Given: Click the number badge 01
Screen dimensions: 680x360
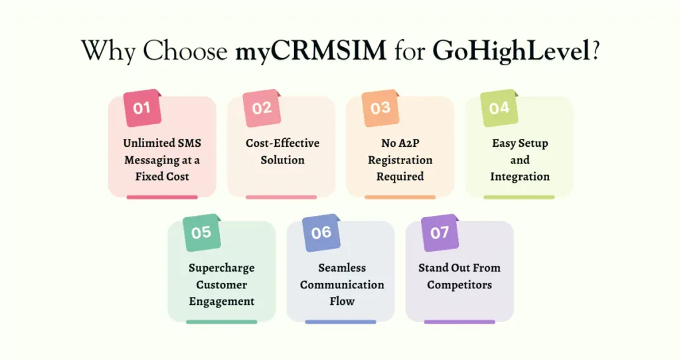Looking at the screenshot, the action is pyautogui.click(x=142, y=108).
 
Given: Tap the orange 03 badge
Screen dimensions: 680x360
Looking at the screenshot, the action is pyautogui.click(x=381, y=108).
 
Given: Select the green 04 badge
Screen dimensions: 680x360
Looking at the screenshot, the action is pyautogui.click(x=499, y=108).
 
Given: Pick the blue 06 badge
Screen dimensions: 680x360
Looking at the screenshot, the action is pyautogui.click(x=321, y=233).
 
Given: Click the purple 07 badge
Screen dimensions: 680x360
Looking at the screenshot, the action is pyautogui.click(x=440, y=233).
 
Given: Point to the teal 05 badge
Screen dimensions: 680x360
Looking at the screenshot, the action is pyautogui.click(x=202, y=233).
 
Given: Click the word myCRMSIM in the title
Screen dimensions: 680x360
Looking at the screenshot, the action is pyautogui.click(x=311, y=50).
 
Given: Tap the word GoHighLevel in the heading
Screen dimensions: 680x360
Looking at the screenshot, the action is pyautogui.click(x=512, y=51).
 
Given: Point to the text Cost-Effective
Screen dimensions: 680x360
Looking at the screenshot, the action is pyautogui.click(x=282, y=143).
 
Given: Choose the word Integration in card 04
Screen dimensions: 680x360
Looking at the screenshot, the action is pyautogui.click(x=520, y=177).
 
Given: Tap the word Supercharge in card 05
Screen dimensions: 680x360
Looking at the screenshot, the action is pyautogui.click(x=222, y=268).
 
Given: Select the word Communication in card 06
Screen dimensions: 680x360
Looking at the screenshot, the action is pyautogui.click(x=342, y=284).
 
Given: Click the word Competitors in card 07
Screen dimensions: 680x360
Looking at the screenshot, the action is pyautogui.click(x=460, y=285).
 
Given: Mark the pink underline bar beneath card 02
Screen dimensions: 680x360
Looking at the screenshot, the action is pyautogui.click(x=281, y=197).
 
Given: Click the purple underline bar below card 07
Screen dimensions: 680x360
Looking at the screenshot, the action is pyautogui.click(x=460, y=322).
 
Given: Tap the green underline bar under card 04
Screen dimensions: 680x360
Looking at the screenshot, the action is pyautogui.click(x=519, y=197).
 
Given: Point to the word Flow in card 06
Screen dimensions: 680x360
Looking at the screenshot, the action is pyautogui.click(x=342, y=301).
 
